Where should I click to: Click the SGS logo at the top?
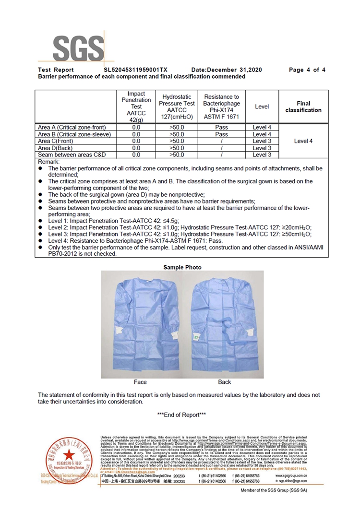tap(77, 48)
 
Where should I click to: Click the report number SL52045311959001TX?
tap(136, 70)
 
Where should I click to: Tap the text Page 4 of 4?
tap(307, 70)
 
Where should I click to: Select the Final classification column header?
tap(303, 107)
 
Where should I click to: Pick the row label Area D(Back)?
tap(58, 148)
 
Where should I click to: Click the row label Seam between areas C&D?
tap(72, 155)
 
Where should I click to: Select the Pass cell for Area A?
tap(222, 128)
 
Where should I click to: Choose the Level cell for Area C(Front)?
tap(262, 142)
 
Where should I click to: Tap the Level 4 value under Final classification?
tap(303, 141)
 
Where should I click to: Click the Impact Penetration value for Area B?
tap(136, 135)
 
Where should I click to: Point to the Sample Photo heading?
tap(182, 267)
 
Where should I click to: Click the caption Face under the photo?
tap(140, 382)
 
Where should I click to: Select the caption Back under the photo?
tap(224, 382)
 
